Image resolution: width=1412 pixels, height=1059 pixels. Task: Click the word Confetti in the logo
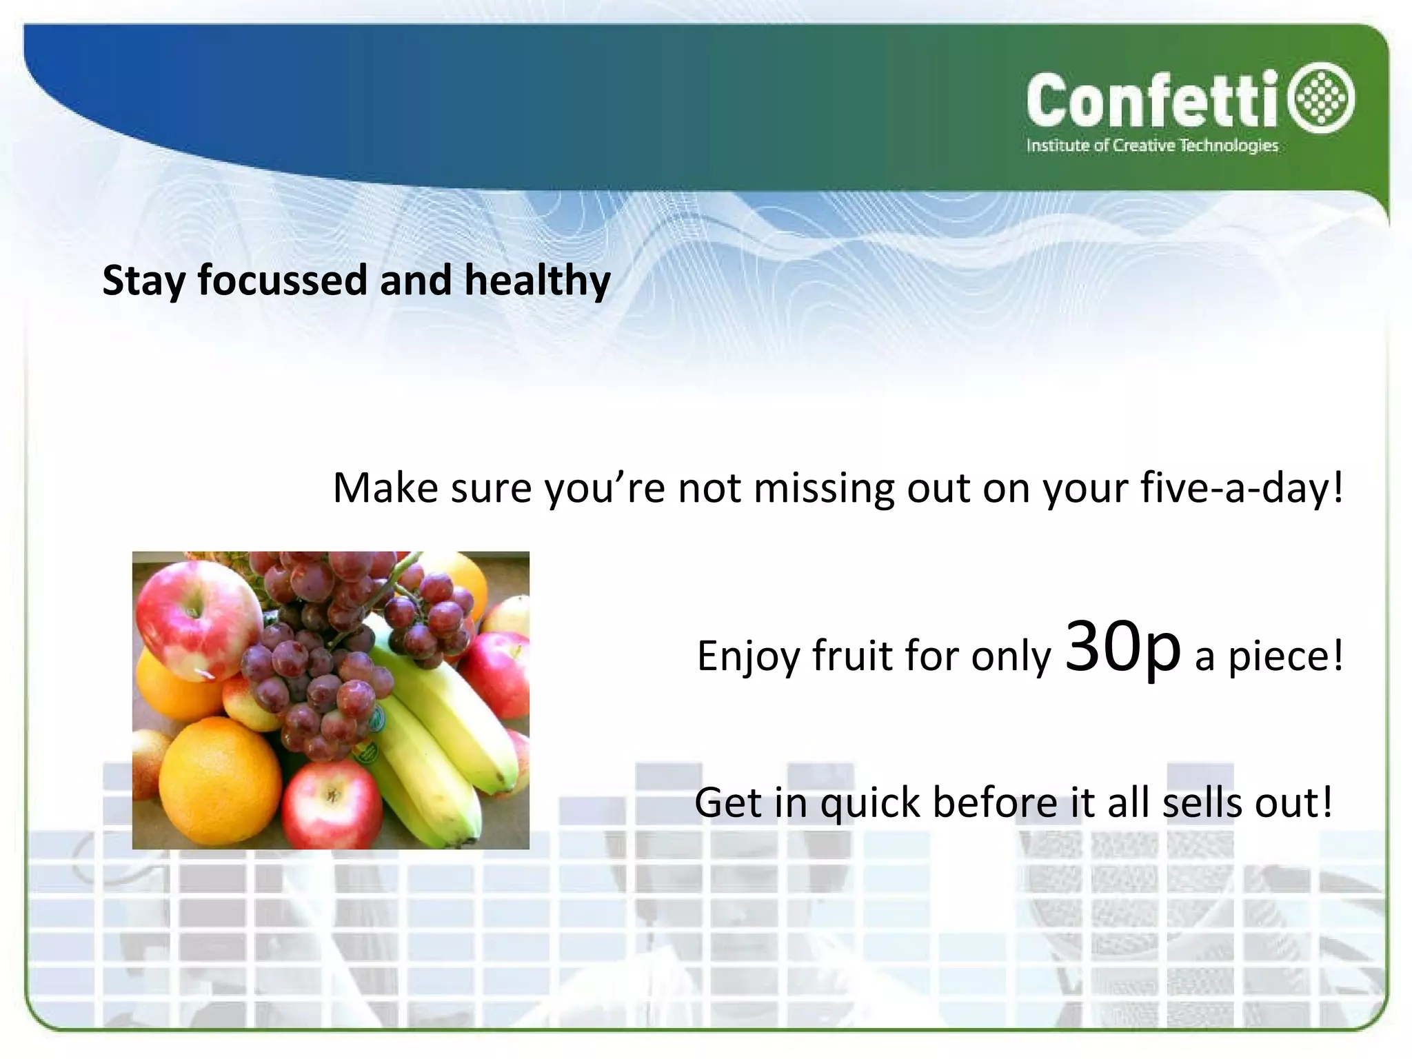1155,101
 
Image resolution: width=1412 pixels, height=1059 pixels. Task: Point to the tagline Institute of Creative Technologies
1152,145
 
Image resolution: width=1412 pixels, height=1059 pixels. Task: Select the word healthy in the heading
537,281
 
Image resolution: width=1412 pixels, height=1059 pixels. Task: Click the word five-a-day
1240,487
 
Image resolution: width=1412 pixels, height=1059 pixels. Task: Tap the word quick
870,803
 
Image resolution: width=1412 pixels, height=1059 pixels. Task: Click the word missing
823,489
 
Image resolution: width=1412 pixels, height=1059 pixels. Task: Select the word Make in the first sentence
385,487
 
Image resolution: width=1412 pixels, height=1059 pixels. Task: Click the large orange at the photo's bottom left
219,779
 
